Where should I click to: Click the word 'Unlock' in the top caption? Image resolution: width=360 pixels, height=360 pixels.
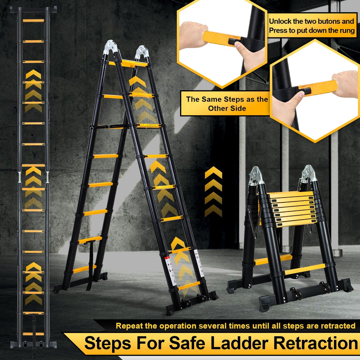pyautogui.click(x=280, y=21)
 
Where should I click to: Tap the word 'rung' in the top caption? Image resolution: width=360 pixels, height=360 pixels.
pyautogui.click(x=347, y=31)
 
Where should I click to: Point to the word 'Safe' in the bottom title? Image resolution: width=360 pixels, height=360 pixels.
pyautogui.click(x=187, y=343)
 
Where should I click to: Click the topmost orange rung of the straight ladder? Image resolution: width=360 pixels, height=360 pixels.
pyautogui.click(x=33, y=21)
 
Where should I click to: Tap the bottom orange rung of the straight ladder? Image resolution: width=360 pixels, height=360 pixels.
pyautogui.click(x=33, y=334)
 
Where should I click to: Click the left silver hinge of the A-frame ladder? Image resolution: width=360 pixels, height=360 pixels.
pyautogui.click(x=111, y=47)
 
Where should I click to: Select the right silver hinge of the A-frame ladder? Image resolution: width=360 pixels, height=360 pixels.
pyautogui.click(x=142, y=52)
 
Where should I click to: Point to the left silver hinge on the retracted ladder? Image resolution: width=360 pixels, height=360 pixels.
pyautogui.click(x=256, y=176)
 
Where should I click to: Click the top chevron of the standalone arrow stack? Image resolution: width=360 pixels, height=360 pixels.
pyautogui.click(x=213, y=172)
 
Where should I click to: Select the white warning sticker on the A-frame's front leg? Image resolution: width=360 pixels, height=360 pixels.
pyautogui.click(x=171, y=271)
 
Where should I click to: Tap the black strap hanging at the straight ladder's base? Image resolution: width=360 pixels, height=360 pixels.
pyautogui.click(x=34, y=335)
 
